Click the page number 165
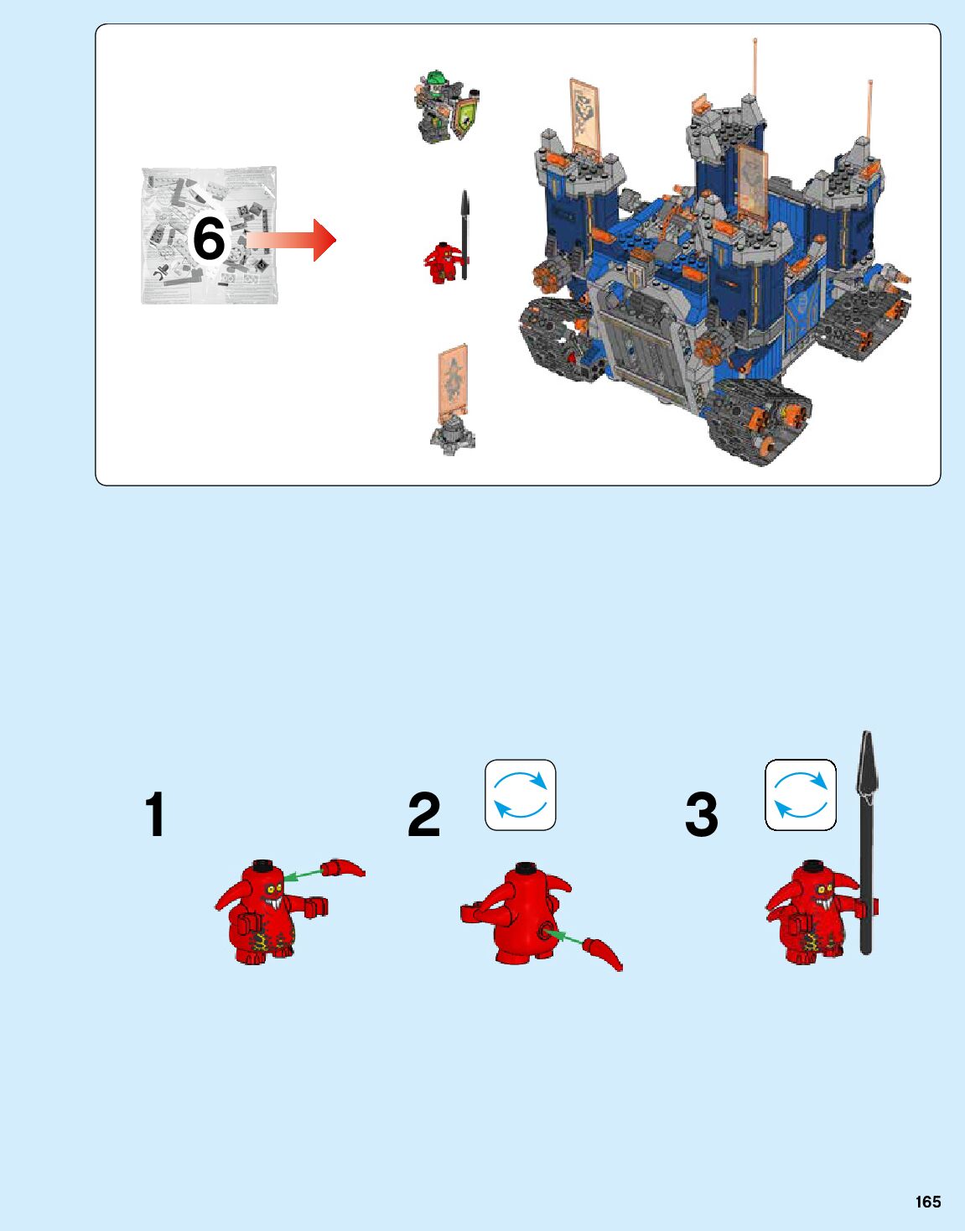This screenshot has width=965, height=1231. [927, 1202]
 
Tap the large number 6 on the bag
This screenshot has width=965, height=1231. [209, 238]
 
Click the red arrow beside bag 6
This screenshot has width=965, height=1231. [291, 240]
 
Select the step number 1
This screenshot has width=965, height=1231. [155, 814]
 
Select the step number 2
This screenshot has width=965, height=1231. [423, 814]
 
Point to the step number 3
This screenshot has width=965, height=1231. [701, 814]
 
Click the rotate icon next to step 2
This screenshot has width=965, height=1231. [521, 795]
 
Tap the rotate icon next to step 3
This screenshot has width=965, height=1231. [800, 795]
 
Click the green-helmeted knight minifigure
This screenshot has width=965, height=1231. [445, 106]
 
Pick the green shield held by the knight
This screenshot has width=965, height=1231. [466, 117]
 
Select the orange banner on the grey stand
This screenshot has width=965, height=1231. [453, 377]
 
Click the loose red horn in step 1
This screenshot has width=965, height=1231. [343, 867]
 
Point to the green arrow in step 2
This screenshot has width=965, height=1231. [564, 937]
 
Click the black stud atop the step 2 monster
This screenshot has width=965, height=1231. [525, 866]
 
